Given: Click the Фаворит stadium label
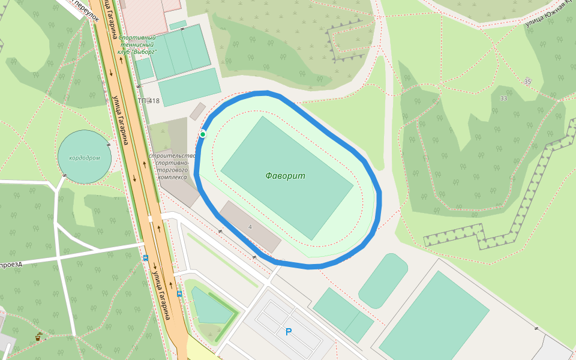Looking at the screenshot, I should (286, 176).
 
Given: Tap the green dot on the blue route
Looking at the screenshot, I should (203, 134).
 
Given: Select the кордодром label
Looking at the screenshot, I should (85, 158).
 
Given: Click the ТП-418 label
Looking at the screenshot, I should (149, 101).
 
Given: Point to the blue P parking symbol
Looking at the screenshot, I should (289, 332).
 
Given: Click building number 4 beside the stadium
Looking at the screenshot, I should (250, 227).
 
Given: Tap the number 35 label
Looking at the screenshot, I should (527, 82).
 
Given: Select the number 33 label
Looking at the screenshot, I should (503, 98).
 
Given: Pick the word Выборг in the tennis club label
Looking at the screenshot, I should (146, 52).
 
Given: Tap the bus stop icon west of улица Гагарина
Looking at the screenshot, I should (145, 258).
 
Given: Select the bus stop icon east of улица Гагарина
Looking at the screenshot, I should (179, 294).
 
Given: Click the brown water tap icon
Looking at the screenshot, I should (38, 337).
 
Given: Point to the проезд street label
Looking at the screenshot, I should (11, 264).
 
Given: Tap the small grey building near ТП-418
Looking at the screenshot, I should (197, 110).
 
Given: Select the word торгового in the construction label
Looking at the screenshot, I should (172, 170).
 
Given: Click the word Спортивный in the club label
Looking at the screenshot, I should (137, 37).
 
